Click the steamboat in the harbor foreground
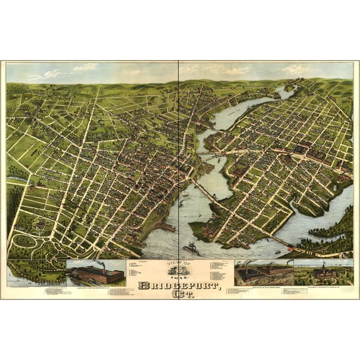point(191,250)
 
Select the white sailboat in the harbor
point(185,194)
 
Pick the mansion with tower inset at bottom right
point(323,274)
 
